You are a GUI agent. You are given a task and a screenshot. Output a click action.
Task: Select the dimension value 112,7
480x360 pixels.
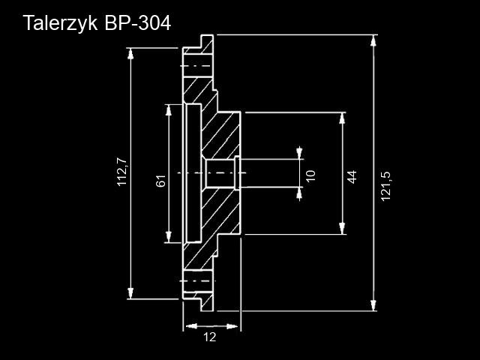[123, 172]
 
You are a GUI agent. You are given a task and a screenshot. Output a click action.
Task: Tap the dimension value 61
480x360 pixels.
[160, 181]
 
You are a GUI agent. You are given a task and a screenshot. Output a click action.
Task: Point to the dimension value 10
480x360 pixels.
[311, 175]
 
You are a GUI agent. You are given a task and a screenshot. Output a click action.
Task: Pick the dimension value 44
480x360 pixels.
[352, 176]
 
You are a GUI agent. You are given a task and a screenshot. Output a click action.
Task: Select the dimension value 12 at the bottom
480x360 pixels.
[209, 337]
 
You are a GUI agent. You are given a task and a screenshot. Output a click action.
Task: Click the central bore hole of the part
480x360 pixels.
[220, 174]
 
